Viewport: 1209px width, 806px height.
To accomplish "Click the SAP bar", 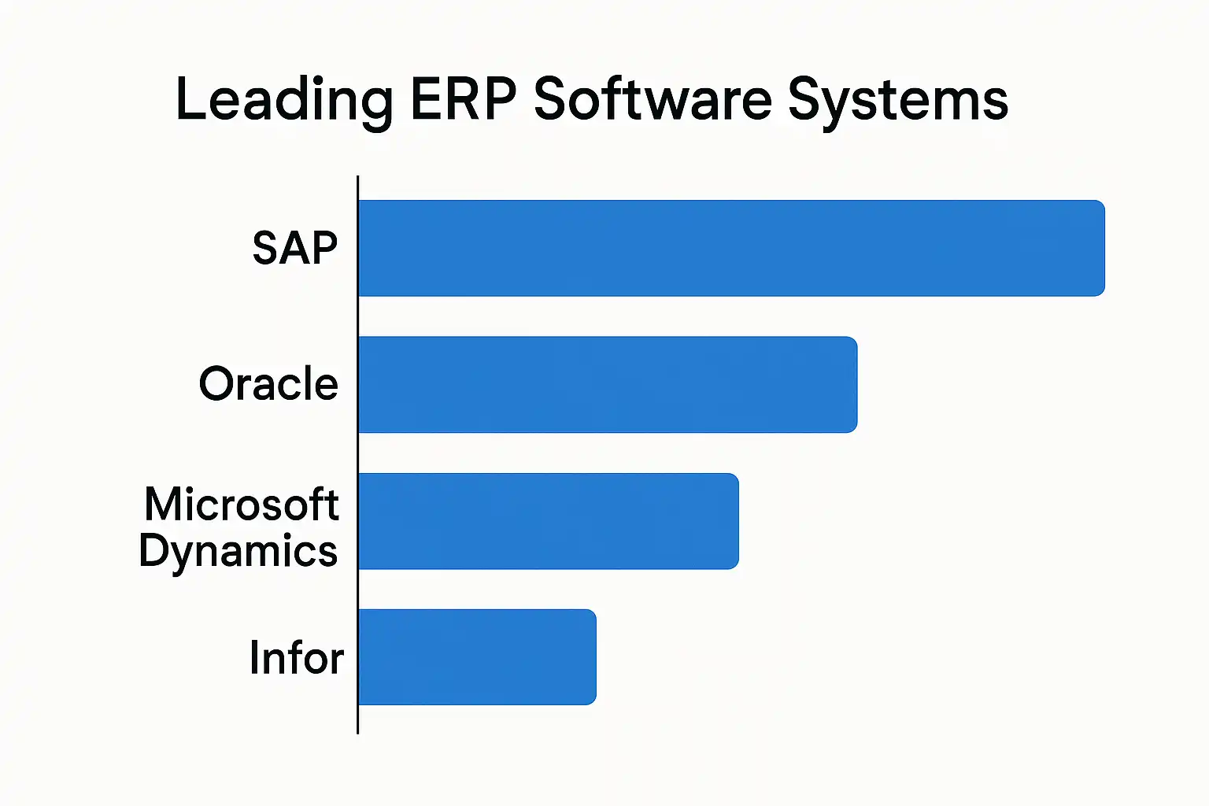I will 730,248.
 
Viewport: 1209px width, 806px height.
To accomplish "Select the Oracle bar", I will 607,384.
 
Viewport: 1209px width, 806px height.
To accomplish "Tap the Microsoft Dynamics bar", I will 548,521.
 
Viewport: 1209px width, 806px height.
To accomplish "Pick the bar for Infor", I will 477,657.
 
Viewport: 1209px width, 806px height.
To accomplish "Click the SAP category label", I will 295,248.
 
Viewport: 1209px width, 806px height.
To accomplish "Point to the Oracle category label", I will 268,384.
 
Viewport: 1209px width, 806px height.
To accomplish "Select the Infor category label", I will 296,657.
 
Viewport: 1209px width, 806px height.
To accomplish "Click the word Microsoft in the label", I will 242,504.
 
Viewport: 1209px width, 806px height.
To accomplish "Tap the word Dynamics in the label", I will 238,551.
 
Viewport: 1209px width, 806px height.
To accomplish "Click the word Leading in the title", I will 283,101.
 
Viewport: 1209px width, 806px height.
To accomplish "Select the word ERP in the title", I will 464,99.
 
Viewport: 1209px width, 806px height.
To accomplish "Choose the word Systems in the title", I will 897,101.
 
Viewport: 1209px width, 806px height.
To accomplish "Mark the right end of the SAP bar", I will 1103,248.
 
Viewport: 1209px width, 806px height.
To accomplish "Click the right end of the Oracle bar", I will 855,384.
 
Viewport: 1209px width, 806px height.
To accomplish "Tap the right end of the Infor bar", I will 594,657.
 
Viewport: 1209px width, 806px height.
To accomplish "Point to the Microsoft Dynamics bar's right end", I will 737,521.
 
